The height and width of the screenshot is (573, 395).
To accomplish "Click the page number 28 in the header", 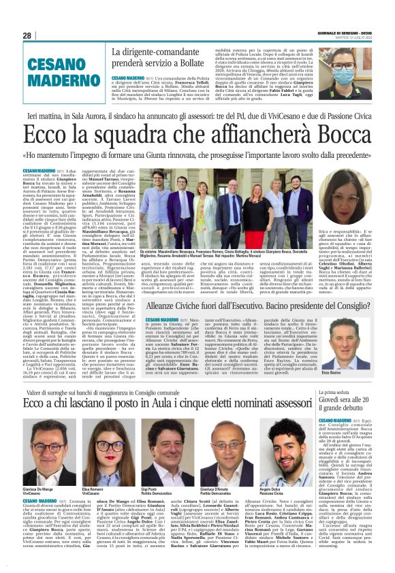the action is coord(27,35).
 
